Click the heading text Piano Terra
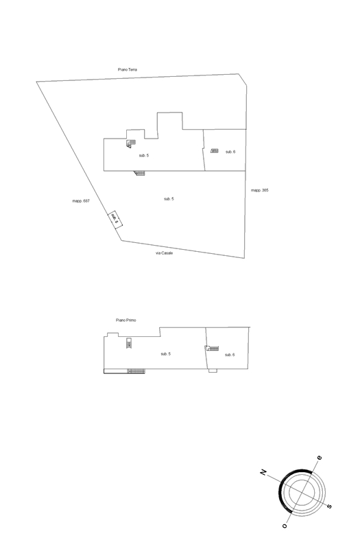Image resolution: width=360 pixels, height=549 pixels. pos(128,70)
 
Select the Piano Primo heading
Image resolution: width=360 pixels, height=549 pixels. pos(126,320)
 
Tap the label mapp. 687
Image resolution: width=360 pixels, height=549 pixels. pos(81,201)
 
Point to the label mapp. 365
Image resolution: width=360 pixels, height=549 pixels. pos(260,191)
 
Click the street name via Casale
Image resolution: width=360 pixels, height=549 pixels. pos(164,253)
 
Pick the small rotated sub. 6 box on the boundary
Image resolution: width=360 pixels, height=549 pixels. pos(115,220)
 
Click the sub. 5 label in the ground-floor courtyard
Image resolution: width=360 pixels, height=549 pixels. pos(169,199)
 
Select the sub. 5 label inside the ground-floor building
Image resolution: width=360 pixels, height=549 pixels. pos(144,156)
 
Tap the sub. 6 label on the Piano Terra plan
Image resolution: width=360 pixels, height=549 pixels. pos(230,152)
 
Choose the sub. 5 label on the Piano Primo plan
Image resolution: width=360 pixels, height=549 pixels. pos(165,354)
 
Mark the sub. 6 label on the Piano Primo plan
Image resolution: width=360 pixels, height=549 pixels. pos(230,355)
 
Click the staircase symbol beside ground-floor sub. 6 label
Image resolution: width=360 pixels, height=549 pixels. pos(215,151)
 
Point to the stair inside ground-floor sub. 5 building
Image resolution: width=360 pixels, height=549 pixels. pos(131,143)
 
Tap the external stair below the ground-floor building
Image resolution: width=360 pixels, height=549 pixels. pos(139,173)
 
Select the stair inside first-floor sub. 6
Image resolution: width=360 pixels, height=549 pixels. pos(212,349)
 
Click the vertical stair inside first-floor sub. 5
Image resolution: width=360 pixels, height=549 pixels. pos(129,343)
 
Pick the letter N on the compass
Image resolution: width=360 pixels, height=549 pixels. pos(263,472)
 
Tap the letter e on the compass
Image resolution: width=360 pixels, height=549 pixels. pos(319,458)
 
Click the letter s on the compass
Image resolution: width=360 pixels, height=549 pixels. pos(329,506)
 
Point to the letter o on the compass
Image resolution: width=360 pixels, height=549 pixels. pos(285,526)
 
